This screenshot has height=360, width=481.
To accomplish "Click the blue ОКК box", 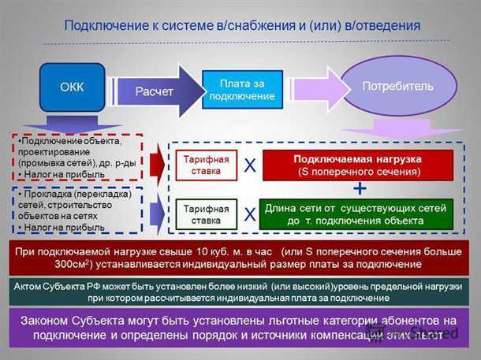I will pos(72,87).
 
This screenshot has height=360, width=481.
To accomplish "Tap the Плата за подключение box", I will pos(242,90).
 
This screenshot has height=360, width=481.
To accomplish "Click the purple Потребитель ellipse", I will pos(397,86).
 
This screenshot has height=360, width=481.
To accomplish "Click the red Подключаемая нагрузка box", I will pos(357,165).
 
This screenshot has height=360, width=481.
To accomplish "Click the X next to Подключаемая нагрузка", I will pos(250,165).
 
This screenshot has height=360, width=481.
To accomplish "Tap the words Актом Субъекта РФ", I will pos(58,287).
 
